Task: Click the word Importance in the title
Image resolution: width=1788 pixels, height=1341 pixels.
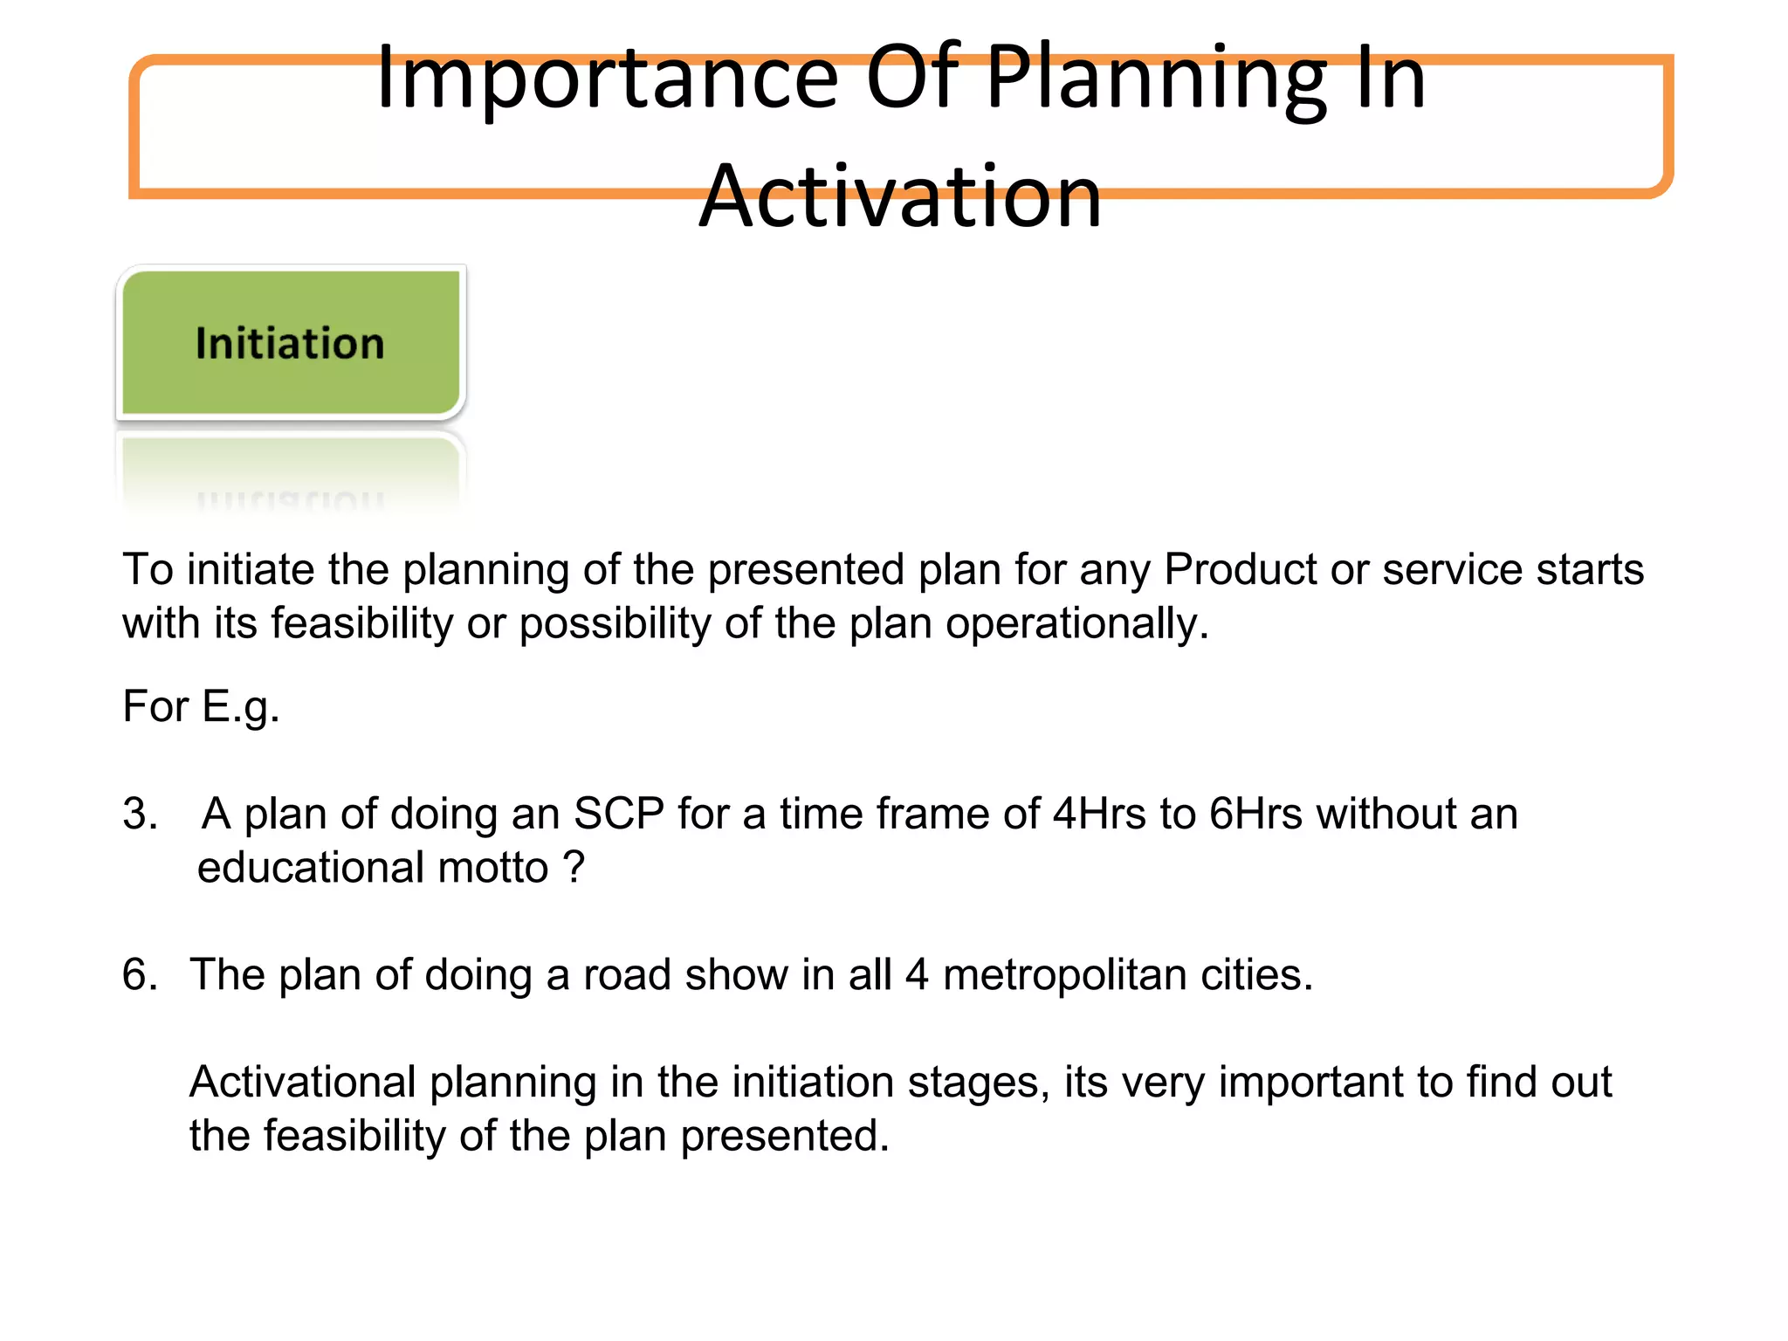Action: point(607,80)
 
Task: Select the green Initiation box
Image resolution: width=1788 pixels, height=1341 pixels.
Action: point(291,342)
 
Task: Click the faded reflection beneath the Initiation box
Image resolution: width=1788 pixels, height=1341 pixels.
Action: point(291,476)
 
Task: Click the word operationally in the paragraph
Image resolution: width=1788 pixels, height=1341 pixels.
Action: point(1076,624)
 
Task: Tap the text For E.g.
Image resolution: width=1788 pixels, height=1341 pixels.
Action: point(201,706)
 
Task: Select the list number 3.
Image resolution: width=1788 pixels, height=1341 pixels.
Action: point(140,815)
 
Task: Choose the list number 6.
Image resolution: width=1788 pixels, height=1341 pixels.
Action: point(140,975)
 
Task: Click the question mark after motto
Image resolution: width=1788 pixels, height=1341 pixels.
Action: point(574,868)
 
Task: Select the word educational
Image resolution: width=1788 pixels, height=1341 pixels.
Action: point(311,868)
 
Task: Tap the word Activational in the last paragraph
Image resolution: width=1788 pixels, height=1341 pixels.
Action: point(302,1083)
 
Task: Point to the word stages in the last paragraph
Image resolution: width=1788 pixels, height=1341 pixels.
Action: point(978,1083)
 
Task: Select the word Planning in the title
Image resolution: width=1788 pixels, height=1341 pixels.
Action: point(1157,80)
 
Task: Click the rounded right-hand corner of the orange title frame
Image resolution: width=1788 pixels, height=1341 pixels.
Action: point(1659,184)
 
